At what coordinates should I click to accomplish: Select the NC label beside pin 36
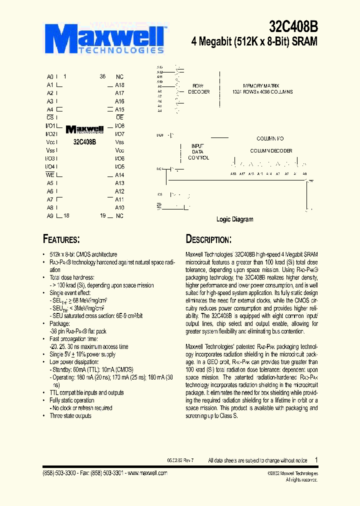[119, 77]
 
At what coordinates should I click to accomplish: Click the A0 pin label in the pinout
[50, 77]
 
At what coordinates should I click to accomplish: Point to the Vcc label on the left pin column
[50, 142]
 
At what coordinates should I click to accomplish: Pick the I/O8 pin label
[119, 126]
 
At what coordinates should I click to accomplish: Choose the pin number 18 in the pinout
[66, 215]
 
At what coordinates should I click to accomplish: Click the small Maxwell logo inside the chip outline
[84, 129]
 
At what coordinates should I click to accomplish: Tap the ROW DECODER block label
[198, 89]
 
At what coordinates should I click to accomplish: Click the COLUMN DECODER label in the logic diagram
[271, 150]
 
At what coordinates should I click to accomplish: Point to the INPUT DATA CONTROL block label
[198, 151]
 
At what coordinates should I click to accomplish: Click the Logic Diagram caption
[234, 219]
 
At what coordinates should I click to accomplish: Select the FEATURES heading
[61, 239]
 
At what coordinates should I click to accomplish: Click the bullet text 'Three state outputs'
[70, 415]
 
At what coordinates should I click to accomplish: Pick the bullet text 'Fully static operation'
[72, 400]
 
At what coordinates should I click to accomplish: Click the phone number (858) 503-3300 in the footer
[57, 472]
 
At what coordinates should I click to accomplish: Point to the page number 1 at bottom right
[316, 460]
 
